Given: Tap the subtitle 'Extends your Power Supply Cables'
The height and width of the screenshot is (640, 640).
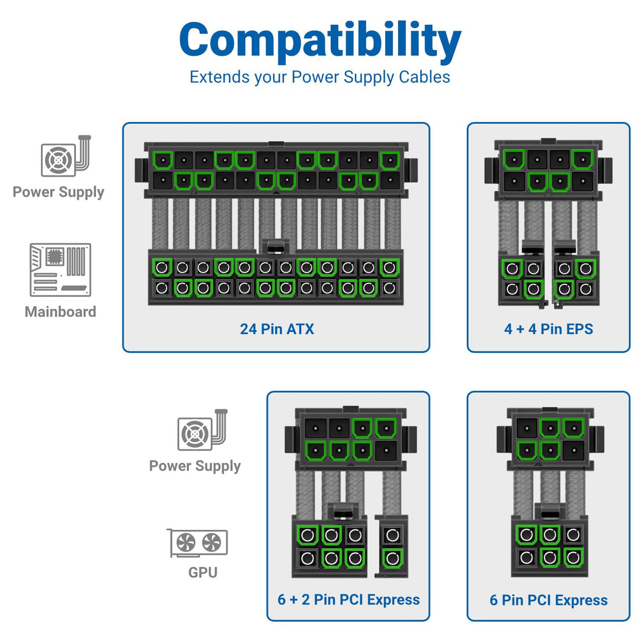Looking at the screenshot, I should coord(320,77).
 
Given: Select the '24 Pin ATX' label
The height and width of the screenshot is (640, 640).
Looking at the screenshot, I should coord(277,329).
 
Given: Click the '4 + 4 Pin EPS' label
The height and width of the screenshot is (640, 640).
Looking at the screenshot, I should coord(548,329).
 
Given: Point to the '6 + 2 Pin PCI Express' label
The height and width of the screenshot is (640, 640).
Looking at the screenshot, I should coord(348,599).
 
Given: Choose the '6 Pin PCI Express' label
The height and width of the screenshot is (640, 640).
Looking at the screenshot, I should coord(548,600).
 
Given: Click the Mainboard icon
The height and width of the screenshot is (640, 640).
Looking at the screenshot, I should coord(60,270).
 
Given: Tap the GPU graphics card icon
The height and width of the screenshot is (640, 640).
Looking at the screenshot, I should coord(197,543).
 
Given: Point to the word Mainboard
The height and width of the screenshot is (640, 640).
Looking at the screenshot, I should coord(60,312).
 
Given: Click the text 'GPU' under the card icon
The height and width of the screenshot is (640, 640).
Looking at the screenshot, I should coord(203,572).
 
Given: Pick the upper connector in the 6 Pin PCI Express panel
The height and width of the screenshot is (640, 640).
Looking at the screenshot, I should coord(549,439).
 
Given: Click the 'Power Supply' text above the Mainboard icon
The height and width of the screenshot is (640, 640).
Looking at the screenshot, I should coord(58,192).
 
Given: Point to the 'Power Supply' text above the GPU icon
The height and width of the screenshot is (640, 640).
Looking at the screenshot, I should coord(195,466).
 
